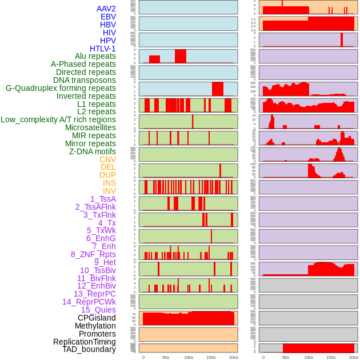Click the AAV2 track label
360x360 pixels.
coord(106,9)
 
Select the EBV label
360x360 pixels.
coord(108,17)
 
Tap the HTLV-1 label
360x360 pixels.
coord(102,49)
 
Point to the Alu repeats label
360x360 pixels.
coord(95,56)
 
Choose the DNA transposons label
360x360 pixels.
coord(84,80)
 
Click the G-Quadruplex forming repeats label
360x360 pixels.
coord(61,88)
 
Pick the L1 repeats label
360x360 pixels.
coord(96,104)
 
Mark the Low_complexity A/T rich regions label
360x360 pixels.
coord(58,119)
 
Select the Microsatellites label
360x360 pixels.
coord(90,127)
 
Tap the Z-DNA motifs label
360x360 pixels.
coord(92,151)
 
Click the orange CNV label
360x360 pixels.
coord(107,159)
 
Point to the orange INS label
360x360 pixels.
coord(109,183)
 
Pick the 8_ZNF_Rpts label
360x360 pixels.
coord(93,254)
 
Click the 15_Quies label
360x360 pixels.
coord(98,310)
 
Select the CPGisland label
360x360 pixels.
coord(97,318)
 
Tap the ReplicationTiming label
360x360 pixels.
coord(84,342)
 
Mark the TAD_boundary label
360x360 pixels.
coord(89,349)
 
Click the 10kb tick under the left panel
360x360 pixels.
coord(189,357)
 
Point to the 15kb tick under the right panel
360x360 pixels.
coord(331,357)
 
